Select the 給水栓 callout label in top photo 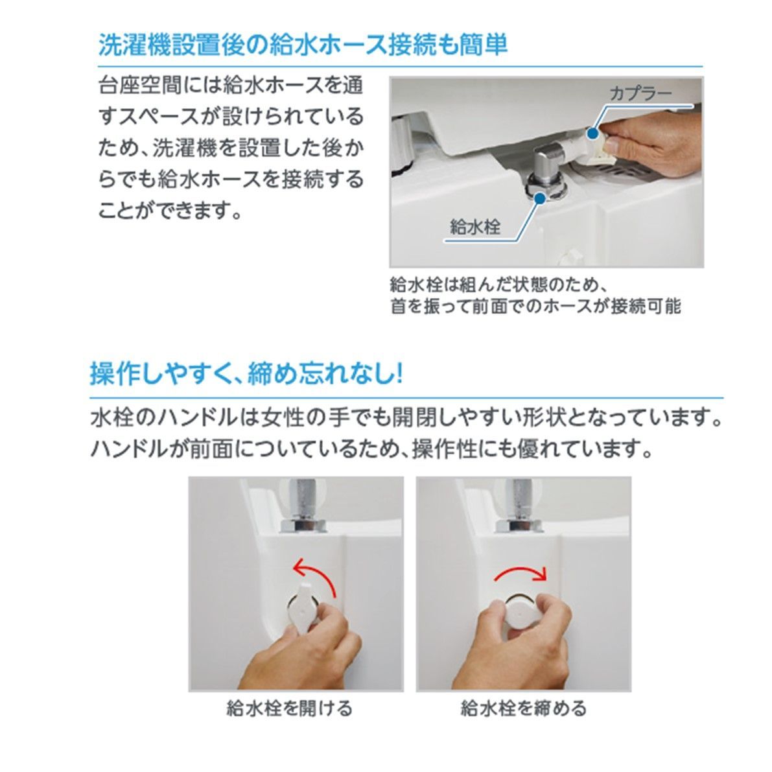(x=475, y=227)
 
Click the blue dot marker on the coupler (x=591, y=133)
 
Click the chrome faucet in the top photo (x=548, y=172)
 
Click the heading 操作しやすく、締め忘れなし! (x=246, y=375)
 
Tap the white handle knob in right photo (x=521, y=609)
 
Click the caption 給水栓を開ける (x=290, y=708)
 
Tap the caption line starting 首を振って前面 (x=535, y=306)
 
